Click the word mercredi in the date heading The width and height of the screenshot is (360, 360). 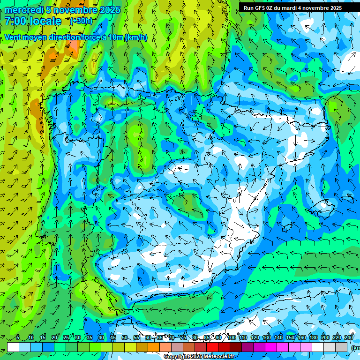point(24,10)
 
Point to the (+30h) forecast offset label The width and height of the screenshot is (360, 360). point(81,21)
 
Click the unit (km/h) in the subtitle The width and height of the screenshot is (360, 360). point(136,37)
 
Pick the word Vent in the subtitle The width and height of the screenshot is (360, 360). point(13,37)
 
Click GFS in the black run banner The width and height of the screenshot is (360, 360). point(266,8)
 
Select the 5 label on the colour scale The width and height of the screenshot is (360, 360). point(18,337)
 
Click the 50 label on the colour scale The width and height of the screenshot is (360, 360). point(124,337)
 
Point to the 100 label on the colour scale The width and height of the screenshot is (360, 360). point(232,337)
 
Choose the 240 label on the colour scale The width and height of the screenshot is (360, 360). point(349,337)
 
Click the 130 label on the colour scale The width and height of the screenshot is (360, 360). point(267,337)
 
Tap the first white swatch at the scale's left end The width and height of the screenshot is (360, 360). point(13,347)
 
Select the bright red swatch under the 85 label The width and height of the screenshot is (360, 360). point(212,347)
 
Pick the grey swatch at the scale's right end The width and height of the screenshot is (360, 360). point(341,347)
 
